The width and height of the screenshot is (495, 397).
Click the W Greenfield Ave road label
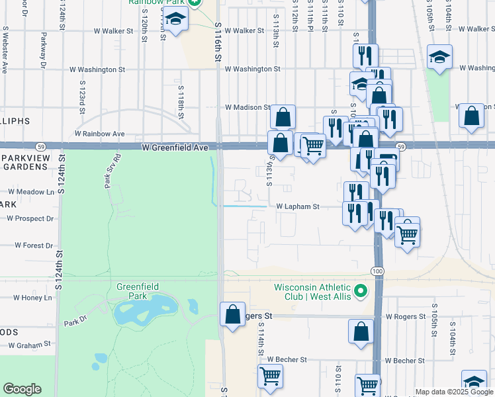click(175, 150)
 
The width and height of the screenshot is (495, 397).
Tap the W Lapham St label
click(297, 206)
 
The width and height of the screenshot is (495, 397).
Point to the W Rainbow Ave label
click(99, 133)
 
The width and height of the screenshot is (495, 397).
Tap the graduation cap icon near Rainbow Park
click(176, 21)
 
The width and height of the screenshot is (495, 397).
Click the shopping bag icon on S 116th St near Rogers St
click(232, 315)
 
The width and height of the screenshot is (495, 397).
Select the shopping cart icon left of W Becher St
click(270, 376)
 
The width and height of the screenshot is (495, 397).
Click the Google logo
click(22, 389)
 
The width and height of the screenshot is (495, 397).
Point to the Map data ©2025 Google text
click(454, 392)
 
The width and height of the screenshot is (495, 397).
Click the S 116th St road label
click(217, 42)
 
